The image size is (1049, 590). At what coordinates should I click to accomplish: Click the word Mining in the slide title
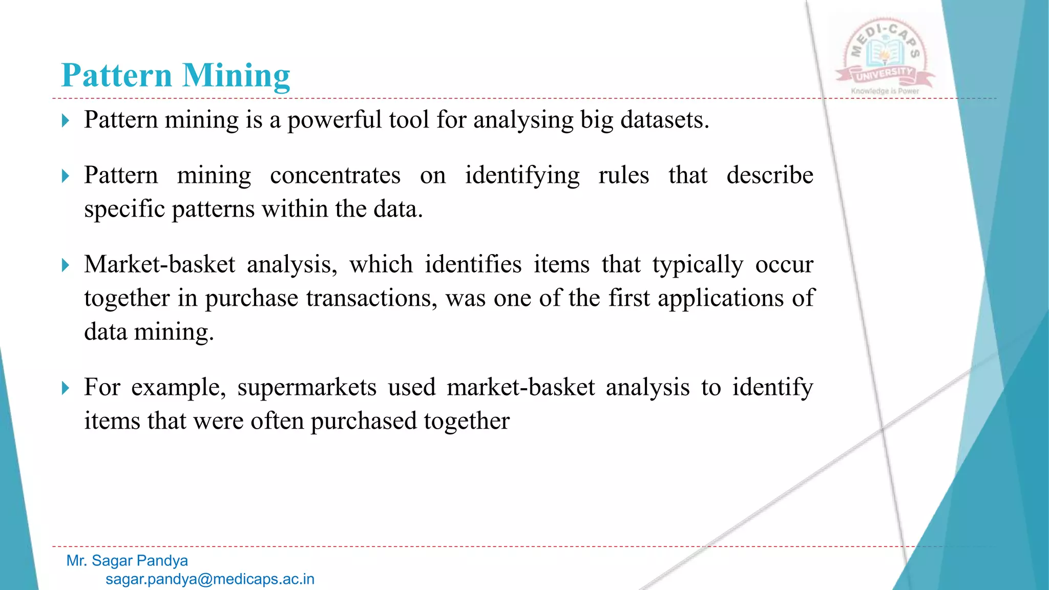coord(236,76)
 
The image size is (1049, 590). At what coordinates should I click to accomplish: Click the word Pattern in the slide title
coord(116,76)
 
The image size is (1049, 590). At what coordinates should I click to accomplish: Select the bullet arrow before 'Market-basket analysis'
coord(65,265)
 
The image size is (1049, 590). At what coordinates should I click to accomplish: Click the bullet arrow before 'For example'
coord(65,388)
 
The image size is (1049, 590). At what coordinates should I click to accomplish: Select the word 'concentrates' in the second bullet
coord(335,176)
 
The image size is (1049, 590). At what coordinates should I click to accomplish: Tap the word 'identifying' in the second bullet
coord(522,176)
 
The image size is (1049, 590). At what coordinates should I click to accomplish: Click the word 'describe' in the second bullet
coord(769,176)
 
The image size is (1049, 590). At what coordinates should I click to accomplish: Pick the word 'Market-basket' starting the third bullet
coord(159,265)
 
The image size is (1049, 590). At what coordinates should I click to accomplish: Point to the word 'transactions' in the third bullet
coord(371,299)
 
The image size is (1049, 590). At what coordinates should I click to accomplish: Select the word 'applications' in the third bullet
coord(720,299)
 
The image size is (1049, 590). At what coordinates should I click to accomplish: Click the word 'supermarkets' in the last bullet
coord(307,388)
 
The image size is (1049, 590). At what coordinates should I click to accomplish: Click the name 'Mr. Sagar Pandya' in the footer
coord(127,561)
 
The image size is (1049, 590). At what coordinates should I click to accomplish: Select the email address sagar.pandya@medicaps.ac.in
coord(210,579)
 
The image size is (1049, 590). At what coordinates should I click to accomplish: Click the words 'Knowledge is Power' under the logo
coord(885,91)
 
